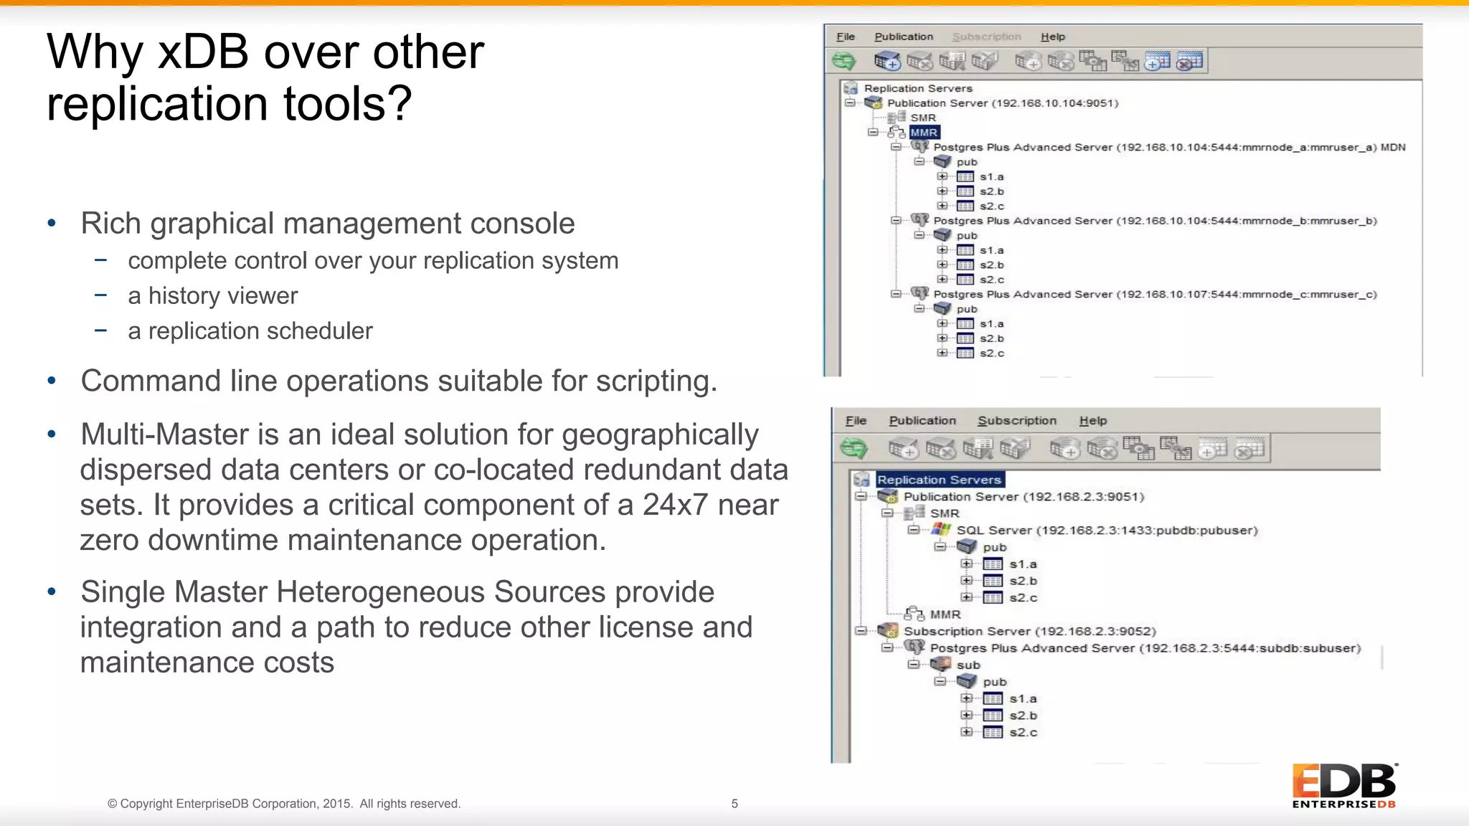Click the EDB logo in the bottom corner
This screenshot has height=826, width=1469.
pos(1343,785)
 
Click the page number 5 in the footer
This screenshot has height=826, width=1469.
pos(734,804)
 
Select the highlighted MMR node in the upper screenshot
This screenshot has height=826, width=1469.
pos(924,133)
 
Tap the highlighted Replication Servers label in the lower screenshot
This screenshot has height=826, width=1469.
pos(938,480)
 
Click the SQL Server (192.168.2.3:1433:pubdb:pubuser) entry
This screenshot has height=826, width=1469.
pos(1107,531)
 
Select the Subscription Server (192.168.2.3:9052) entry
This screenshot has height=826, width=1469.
pos(1029,632)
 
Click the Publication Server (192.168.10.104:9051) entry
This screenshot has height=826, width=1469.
pos(1002,103)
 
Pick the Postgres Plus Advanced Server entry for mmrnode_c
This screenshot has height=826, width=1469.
pos(1154,295)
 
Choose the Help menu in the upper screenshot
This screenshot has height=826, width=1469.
pos(1052,37)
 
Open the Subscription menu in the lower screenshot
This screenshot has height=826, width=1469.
pos(1016,421)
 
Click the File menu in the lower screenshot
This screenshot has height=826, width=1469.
pos(856,421)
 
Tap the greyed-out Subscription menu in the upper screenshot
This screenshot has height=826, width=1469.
pos(986,37)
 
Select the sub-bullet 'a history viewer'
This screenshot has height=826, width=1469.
pos(212,295)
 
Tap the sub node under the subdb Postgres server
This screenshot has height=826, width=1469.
pos(968,665)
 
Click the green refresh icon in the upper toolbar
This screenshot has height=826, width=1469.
pos(844,62)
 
